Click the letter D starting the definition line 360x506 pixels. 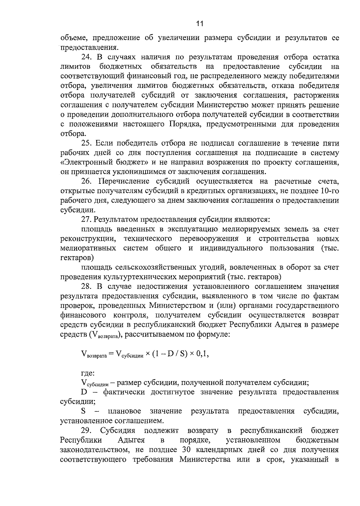click(84, 392)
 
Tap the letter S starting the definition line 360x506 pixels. click(83, 411)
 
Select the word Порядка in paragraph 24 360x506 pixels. click(184, 124)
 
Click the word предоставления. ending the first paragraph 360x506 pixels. click(88, 47)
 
